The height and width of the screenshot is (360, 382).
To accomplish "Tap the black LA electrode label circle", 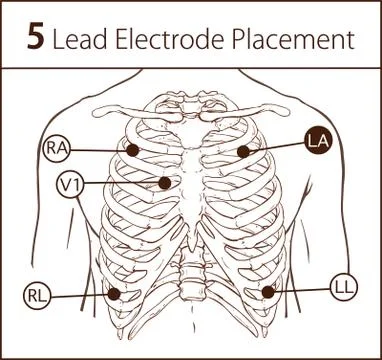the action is pos(319,141).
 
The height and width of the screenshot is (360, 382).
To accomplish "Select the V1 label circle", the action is pos(70,185).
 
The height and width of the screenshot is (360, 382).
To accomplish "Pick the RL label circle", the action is pos(37,296).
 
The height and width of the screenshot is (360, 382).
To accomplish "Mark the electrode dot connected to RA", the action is pos(132,151).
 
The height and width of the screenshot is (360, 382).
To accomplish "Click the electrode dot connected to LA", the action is pos(243,151).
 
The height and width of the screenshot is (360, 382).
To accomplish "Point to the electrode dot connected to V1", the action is pos(163,183).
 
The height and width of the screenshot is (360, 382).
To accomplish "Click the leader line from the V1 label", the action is pos(120,184).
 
